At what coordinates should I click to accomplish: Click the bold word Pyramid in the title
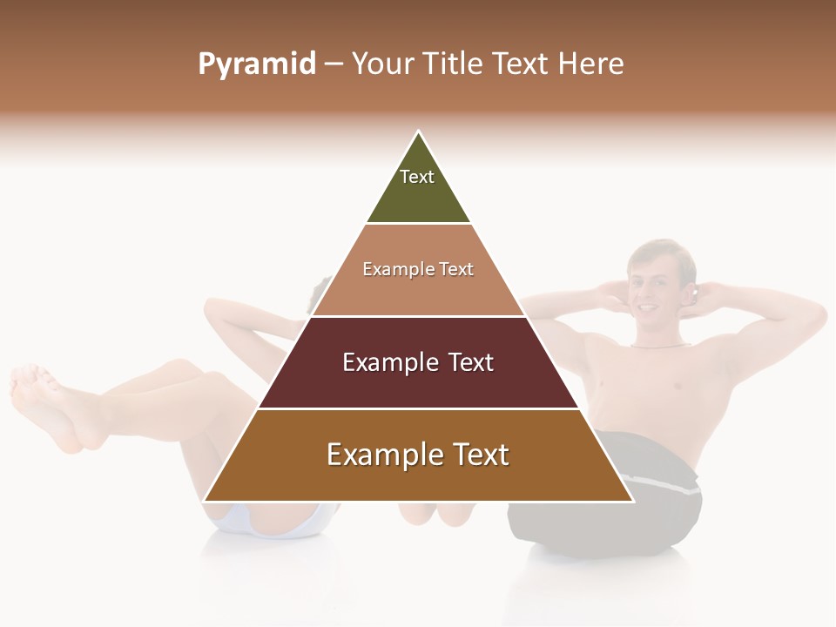point(257,64)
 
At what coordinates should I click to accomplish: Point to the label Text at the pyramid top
point(417,177)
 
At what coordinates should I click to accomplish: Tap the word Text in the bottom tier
point(475,455)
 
